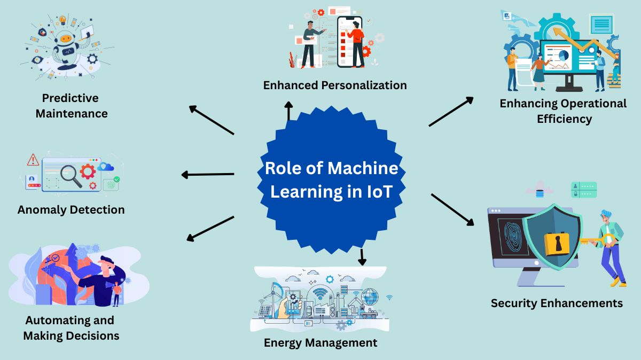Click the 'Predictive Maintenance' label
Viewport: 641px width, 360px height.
(x=71, y=106)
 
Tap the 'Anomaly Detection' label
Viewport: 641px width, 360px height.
(x=71, y=210)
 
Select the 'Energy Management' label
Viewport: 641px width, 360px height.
(x=320, y=342)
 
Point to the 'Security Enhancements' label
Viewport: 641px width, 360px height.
(x=557, y=303)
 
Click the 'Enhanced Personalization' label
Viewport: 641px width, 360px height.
(x=335, y=85)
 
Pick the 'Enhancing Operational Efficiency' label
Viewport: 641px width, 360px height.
(x=563, y=111)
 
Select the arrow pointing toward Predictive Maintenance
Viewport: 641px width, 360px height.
(x=212, y=119)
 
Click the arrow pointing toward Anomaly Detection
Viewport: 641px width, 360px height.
(x=208, y=175)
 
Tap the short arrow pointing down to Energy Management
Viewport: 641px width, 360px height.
(x=363, y=257)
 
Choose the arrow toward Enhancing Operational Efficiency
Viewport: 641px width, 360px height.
(x=451, y=112)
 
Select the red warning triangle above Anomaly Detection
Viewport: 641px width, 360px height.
(x=33, y=160)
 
